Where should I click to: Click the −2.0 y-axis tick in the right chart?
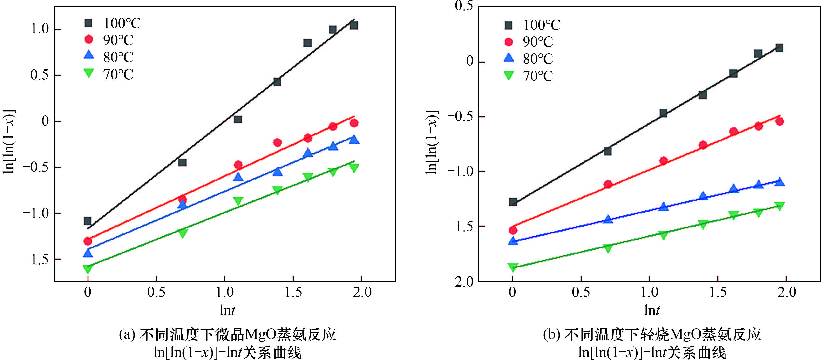tap(460, 281)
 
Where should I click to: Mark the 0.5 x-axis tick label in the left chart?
tap(156, 292)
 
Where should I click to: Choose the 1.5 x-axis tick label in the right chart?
tap(718, 292)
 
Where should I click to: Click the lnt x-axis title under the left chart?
tap(227, 310)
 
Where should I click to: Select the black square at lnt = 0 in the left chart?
tap(88, 221)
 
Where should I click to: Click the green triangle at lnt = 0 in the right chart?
tap(512, 267)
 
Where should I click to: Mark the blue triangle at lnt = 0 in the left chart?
tap(88, 253)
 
